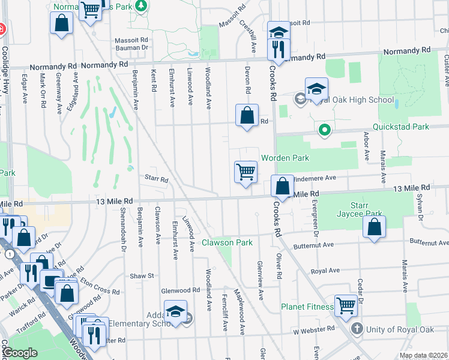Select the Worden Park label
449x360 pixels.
[285, 158]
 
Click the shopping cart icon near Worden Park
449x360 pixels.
[246, 172]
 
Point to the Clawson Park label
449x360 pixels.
[227, 242]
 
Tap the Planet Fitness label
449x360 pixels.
[307, 307]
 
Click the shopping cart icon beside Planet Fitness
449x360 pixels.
[346, 306]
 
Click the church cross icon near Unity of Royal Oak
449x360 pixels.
[357, 329]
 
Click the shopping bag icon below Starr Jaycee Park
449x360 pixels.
[374, 227]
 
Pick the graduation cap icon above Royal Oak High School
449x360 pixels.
[316, 89]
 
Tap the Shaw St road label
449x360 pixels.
[142, 276]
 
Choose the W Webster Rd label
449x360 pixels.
[314, 329]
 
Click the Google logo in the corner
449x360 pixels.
[20, 353]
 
